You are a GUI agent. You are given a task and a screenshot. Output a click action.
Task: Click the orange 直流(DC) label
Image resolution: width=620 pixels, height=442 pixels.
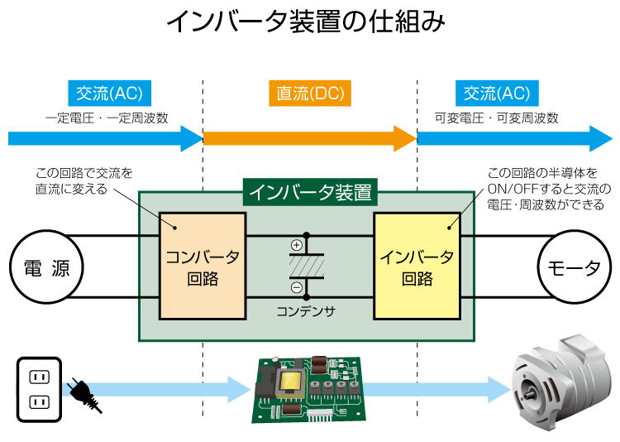click(310, 94)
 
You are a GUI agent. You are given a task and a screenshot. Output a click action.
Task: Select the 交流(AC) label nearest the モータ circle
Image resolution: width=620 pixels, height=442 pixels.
click(497, 94)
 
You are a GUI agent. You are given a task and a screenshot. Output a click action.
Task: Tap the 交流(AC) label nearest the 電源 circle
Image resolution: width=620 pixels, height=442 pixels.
click(109, 94)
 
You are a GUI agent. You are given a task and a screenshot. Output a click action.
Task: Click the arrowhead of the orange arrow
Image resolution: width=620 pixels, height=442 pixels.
click(405, 138)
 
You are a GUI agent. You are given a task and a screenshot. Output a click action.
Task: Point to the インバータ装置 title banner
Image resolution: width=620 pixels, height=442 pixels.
click(311, 193)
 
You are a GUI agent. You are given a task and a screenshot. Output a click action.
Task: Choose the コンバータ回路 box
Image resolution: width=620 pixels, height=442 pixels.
click(203, 266)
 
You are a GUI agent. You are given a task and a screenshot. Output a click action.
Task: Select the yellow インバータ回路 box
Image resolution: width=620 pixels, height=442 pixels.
click(417, 266)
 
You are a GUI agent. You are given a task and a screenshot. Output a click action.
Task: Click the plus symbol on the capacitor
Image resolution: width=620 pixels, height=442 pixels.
click(297, 245)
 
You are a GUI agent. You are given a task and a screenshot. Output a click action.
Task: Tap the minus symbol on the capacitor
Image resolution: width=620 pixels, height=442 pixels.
click(297, 287)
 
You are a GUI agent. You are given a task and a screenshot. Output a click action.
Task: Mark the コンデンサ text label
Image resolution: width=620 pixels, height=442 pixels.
click(306, 312)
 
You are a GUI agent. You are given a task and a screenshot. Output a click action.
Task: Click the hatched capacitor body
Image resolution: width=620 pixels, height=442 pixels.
click(307, 266)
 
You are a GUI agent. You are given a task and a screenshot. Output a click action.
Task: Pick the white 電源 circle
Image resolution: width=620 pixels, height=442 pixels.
click(46, 268)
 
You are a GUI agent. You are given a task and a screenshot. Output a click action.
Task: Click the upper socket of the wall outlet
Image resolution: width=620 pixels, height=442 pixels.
click(40, 377)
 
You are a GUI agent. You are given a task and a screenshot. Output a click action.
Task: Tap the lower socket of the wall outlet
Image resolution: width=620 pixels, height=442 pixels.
click(40, 403)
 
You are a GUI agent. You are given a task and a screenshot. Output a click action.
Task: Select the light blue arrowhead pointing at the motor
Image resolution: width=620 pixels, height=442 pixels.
click(501, 389)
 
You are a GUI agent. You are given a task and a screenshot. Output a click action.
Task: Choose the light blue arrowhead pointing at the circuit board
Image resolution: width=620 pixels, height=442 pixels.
click(240, 389)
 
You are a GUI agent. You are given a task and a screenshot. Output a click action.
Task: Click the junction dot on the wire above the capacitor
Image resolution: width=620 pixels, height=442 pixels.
click(307, 236)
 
